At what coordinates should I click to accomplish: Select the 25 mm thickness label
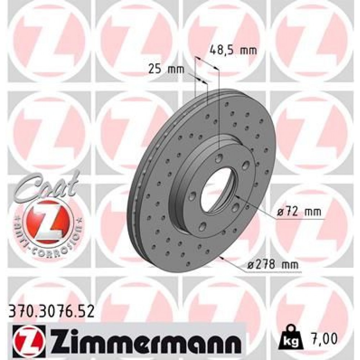pyautogui.click(x=166, y=69)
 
